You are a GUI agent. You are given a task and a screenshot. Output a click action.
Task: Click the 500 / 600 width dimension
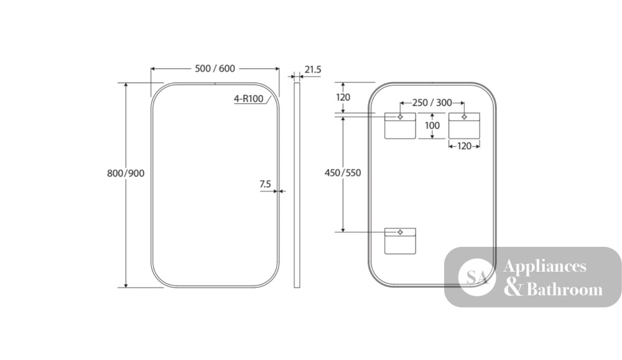[215, 68]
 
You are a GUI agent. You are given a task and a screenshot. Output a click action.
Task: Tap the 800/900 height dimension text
[126, 173]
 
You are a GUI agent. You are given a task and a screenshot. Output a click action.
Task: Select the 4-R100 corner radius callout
[248, 98]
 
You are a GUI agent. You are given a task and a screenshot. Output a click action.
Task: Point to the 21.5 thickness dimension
[313, 70]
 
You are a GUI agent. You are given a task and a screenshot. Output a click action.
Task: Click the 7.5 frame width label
[266, 184]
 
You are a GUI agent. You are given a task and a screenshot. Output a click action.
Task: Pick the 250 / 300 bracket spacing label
[432, 103]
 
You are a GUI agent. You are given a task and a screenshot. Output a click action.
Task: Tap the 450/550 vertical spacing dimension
[343, 173]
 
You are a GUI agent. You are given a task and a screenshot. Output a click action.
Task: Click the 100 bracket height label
[432, 126]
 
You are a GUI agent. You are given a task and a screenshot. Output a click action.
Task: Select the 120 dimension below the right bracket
[464, 146]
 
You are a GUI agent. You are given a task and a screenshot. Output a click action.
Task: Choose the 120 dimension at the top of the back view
[343, 97]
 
